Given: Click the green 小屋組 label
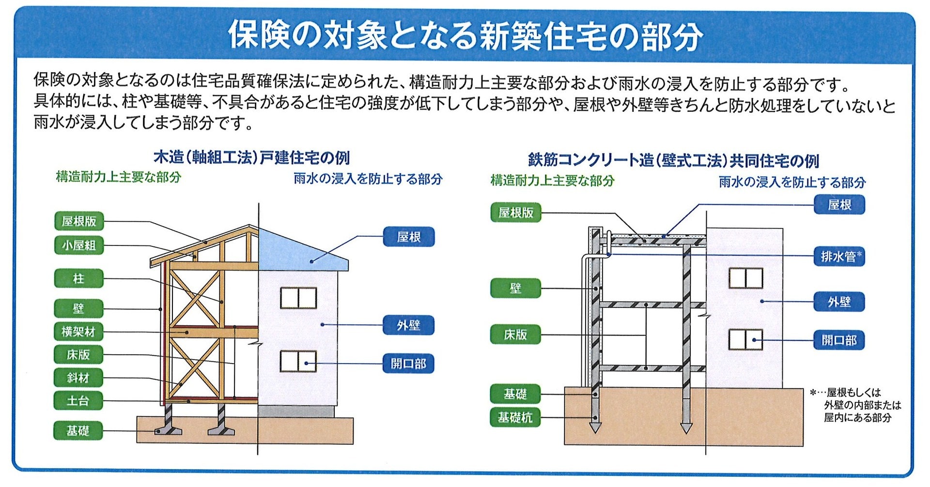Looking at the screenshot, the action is tap(78, 245).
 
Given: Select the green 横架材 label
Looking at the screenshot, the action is tap(78, 332).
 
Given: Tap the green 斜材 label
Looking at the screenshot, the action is tap(78, 378).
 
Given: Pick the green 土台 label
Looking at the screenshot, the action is tap(78, 401).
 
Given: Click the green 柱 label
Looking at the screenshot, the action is tap(78, 279).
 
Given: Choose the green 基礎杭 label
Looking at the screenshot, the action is tap(515, 417).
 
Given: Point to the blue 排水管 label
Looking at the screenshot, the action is tap(839, 256).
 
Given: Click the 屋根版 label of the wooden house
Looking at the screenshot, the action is tap(78, 221).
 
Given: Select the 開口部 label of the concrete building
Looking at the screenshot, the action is tap(839, 340).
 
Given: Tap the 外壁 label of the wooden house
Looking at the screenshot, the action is tap(408, 325).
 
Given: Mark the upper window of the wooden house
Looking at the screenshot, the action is tap(298, 298).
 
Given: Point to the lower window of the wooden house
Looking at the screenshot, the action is tap(298, 362).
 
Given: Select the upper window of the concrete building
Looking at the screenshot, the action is tap(746, 278).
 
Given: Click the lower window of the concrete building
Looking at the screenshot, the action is tap(746, 339).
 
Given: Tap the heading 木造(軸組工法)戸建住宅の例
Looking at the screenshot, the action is tap(251, 157).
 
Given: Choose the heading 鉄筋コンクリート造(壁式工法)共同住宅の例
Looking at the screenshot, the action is tap(673, 160).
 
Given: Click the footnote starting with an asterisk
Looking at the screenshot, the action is tap(855, 405).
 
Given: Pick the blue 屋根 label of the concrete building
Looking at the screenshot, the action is tap(839, 204).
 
